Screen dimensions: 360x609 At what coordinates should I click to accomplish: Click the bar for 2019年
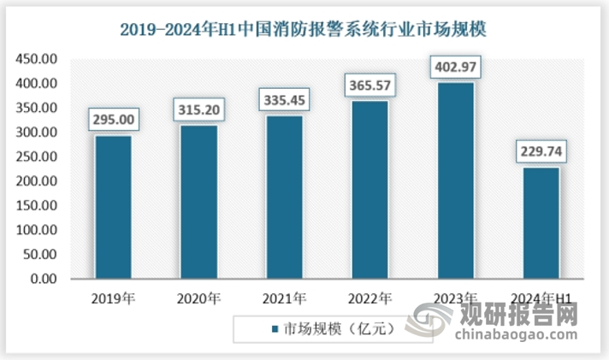point(113,207)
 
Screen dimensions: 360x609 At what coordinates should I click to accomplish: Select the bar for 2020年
point(198,202)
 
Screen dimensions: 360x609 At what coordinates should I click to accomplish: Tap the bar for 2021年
point(284,197)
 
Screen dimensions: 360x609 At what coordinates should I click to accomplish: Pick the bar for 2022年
point(370,189)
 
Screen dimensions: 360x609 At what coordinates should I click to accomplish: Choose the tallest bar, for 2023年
point(455,180)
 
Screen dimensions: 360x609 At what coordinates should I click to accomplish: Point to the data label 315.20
point(198,109)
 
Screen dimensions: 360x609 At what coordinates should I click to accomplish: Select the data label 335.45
point(284,100)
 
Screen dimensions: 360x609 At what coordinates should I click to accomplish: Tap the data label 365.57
point(370,86)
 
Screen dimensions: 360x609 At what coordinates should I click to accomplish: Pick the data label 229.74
point(541,152)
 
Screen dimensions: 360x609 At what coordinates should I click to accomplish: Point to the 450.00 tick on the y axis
point(37,59)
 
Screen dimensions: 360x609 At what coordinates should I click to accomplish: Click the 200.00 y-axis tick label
point(37,181)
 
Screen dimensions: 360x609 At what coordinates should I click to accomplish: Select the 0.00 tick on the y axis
point(43,280)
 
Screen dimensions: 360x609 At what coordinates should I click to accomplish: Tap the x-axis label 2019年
point(113,298)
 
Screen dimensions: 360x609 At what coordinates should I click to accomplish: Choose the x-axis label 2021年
point(284,298)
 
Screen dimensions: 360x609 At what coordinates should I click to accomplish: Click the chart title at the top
point(304,30)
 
